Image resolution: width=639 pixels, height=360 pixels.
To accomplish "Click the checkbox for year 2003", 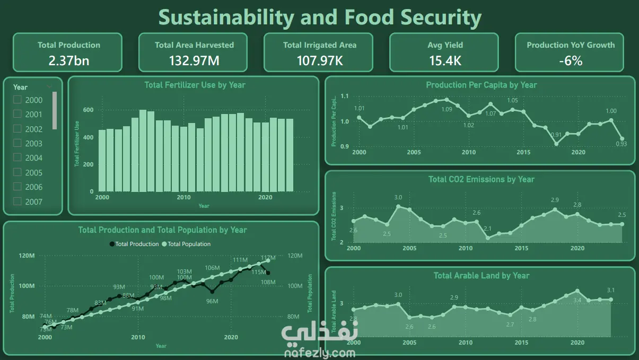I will [17, 143].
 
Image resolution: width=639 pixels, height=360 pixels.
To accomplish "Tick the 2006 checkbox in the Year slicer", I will [17, 187].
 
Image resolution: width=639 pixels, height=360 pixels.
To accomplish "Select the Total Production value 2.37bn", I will [69, 60].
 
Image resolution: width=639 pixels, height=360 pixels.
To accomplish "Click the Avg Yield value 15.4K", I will [445, 60].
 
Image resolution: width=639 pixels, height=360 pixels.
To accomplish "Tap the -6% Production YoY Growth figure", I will [571, 60].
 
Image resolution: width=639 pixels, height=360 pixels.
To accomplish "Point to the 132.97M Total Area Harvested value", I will [194, 60].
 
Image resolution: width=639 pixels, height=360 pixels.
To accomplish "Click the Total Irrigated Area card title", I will [319, 45].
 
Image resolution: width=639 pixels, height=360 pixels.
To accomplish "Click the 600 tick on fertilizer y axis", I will [88, 110].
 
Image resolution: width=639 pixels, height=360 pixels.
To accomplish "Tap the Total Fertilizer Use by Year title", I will [195, 85].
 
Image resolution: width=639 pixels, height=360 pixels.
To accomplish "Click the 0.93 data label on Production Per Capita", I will [622, 144].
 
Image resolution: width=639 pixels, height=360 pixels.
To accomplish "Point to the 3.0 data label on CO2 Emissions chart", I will [398, 198].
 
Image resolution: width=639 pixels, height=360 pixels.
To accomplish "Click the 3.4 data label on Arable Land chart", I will [577, 300].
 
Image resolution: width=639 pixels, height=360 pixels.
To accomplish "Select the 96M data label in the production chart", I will [212, 301].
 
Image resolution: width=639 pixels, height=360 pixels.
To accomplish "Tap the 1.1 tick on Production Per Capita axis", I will [345, 96].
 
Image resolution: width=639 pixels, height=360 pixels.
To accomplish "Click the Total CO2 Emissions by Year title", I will [481, 179].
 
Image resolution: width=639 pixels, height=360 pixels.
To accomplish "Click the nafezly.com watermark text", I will [320, 352].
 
